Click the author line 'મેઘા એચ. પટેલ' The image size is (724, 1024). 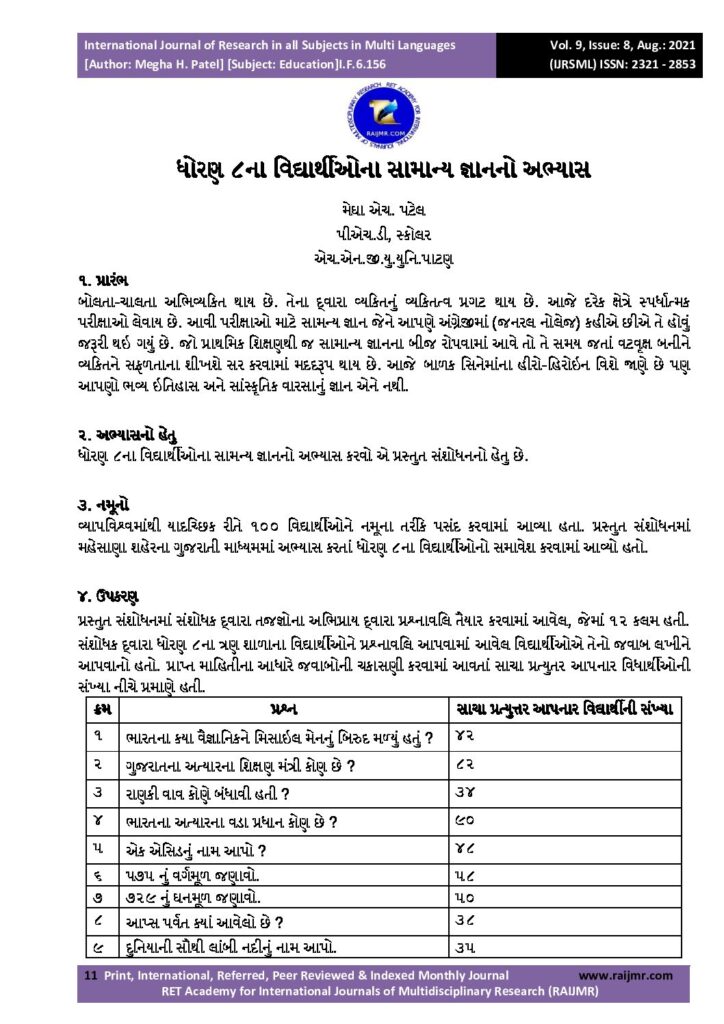361,211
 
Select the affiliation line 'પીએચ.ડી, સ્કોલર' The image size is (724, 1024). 361,235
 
